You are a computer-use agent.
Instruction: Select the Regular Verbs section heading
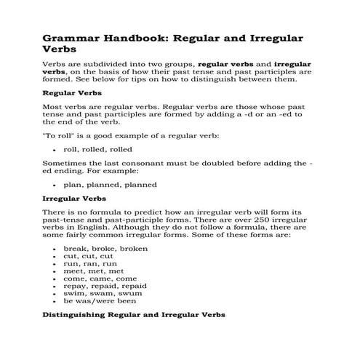72,94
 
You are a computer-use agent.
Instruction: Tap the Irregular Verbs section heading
75,197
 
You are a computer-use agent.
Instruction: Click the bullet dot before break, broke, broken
56,249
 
